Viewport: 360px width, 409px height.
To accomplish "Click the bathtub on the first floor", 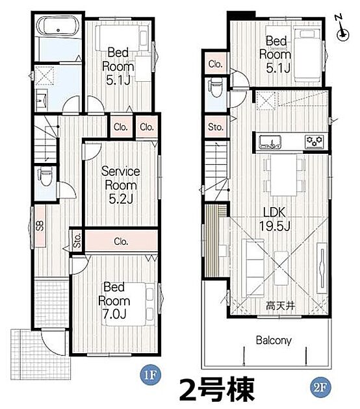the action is coord(58,25).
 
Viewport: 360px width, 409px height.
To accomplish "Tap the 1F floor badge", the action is coord(150,375).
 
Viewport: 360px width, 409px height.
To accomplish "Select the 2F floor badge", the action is coord(320,388).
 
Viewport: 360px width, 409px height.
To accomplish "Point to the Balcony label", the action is coord(274,340).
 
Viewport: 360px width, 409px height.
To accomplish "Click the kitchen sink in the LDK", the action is coord(270,142).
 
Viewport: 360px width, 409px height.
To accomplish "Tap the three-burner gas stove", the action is coord(315,142).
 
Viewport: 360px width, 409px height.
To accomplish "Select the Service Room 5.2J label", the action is coord(121,185).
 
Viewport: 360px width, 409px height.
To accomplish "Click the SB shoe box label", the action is coord(40,226).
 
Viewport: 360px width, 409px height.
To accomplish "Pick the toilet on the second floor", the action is coord(215,88).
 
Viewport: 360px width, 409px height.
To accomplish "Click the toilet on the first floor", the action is coord(45,177).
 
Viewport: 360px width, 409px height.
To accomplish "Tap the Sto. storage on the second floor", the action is coord(216,127).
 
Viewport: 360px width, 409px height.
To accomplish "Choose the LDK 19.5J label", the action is coord(275,219).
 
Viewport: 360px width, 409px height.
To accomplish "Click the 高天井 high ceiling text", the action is coord(280,305).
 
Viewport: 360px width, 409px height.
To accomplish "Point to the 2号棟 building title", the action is coord(216,390).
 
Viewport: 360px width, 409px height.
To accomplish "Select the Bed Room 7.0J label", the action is coord(114,301).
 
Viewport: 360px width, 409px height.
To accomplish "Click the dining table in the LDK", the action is coord(283,175).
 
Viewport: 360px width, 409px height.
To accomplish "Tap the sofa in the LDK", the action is coord(253,268).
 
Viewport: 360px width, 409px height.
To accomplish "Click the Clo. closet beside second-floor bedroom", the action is coord(216,64).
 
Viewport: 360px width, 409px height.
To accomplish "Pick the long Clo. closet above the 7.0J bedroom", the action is coord(121,242).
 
